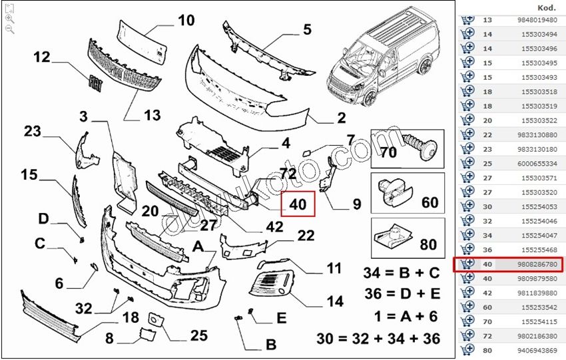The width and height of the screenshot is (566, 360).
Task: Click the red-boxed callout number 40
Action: click(298, 204)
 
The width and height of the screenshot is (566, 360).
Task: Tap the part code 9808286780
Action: click(537, 264)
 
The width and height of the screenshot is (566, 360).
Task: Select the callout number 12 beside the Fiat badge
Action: click(41, 57)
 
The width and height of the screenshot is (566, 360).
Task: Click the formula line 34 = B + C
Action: click(401, 273)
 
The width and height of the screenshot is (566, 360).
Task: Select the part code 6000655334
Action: click(537, 163)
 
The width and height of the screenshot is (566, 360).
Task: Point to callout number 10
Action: click(186, 20)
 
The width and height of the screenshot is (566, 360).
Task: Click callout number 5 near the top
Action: click(307, 29)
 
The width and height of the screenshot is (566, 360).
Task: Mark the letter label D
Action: click(43, 219)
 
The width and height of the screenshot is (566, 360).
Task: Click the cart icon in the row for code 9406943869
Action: click(467, 349)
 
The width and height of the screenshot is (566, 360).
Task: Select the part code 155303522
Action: click(537, 120)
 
